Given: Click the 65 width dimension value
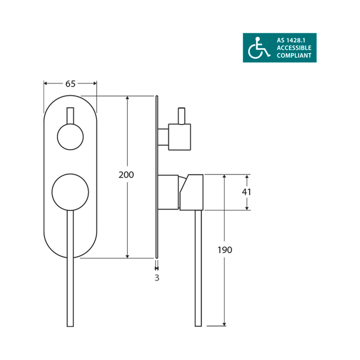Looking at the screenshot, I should pyautogui.click(x=70, y=84).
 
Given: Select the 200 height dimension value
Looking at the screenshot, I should pyautogui.click(x=127, y=175).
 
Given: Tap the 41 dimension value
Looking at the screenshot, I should pyautogui.click(x=247, y=192).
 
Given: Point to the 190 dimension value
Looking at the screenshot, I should pyautogui.click(x=225, y=250).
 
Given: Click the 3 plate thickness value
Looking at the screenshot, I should pyautogui.click(x=157, y=278).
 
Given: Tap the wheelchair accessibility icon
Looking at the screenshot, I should pyautogui.click(x=257, y=48).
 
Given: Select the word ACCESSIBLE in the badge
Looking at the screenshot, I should pyautogui.click(x=294, y=48).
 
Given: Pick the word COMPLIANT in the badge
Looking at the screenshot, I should pyautogui.click(x=294, y=56).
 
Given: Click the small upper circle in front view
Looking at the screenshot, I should pyautogui.click(x=70, y=136).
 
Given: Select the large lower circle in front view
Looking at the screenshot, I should pyautogui.click(x=70, y=192).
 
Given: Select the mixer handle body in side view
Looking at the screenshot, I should pyautogui.click(x=192, y=192).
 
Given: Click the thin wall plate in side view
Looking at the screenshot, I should pyautogui.click(x=157, y=175).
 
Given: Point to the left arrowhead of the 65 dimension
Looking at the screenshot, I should pyautogui.click(x=45, y=83).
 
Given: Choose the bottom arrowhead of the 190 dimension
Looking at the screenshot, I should pyautogui.click(x=225, y=323).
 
